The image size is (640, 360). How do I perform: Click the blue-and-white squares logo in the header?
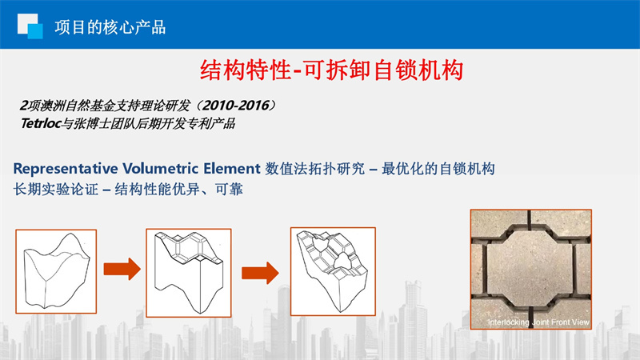(30, 26)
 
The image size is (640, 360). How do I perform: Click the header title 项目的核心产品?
(110, 27)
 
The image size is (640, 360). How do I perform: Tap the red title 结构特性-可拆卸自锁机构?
(331, 70)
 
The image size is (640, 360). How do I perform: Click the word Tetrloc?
(41, 123)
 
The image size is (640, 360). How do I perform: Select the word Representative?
(66, 169)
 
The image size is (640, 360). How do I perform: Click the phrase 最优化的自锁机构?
(438, 169)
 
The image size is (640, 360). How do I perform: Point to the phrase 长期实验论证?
(55, 189)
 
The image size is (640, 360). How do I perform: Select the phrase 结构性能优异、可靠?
(178, 189)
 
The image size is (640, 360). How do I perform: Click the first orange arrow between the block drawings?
(122, 269)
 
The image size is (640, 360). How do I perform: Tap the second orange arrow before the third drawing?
(260, 273)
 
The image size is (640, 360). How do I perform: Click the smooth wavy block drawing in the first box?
(56, 270)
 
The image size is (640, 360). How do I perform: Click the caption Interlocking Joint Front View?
(538, 322)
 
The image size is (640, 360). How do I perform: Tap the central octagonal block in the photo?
(530, 269)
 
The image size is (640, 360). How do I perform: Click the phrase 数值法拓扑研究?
(314, 169)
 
